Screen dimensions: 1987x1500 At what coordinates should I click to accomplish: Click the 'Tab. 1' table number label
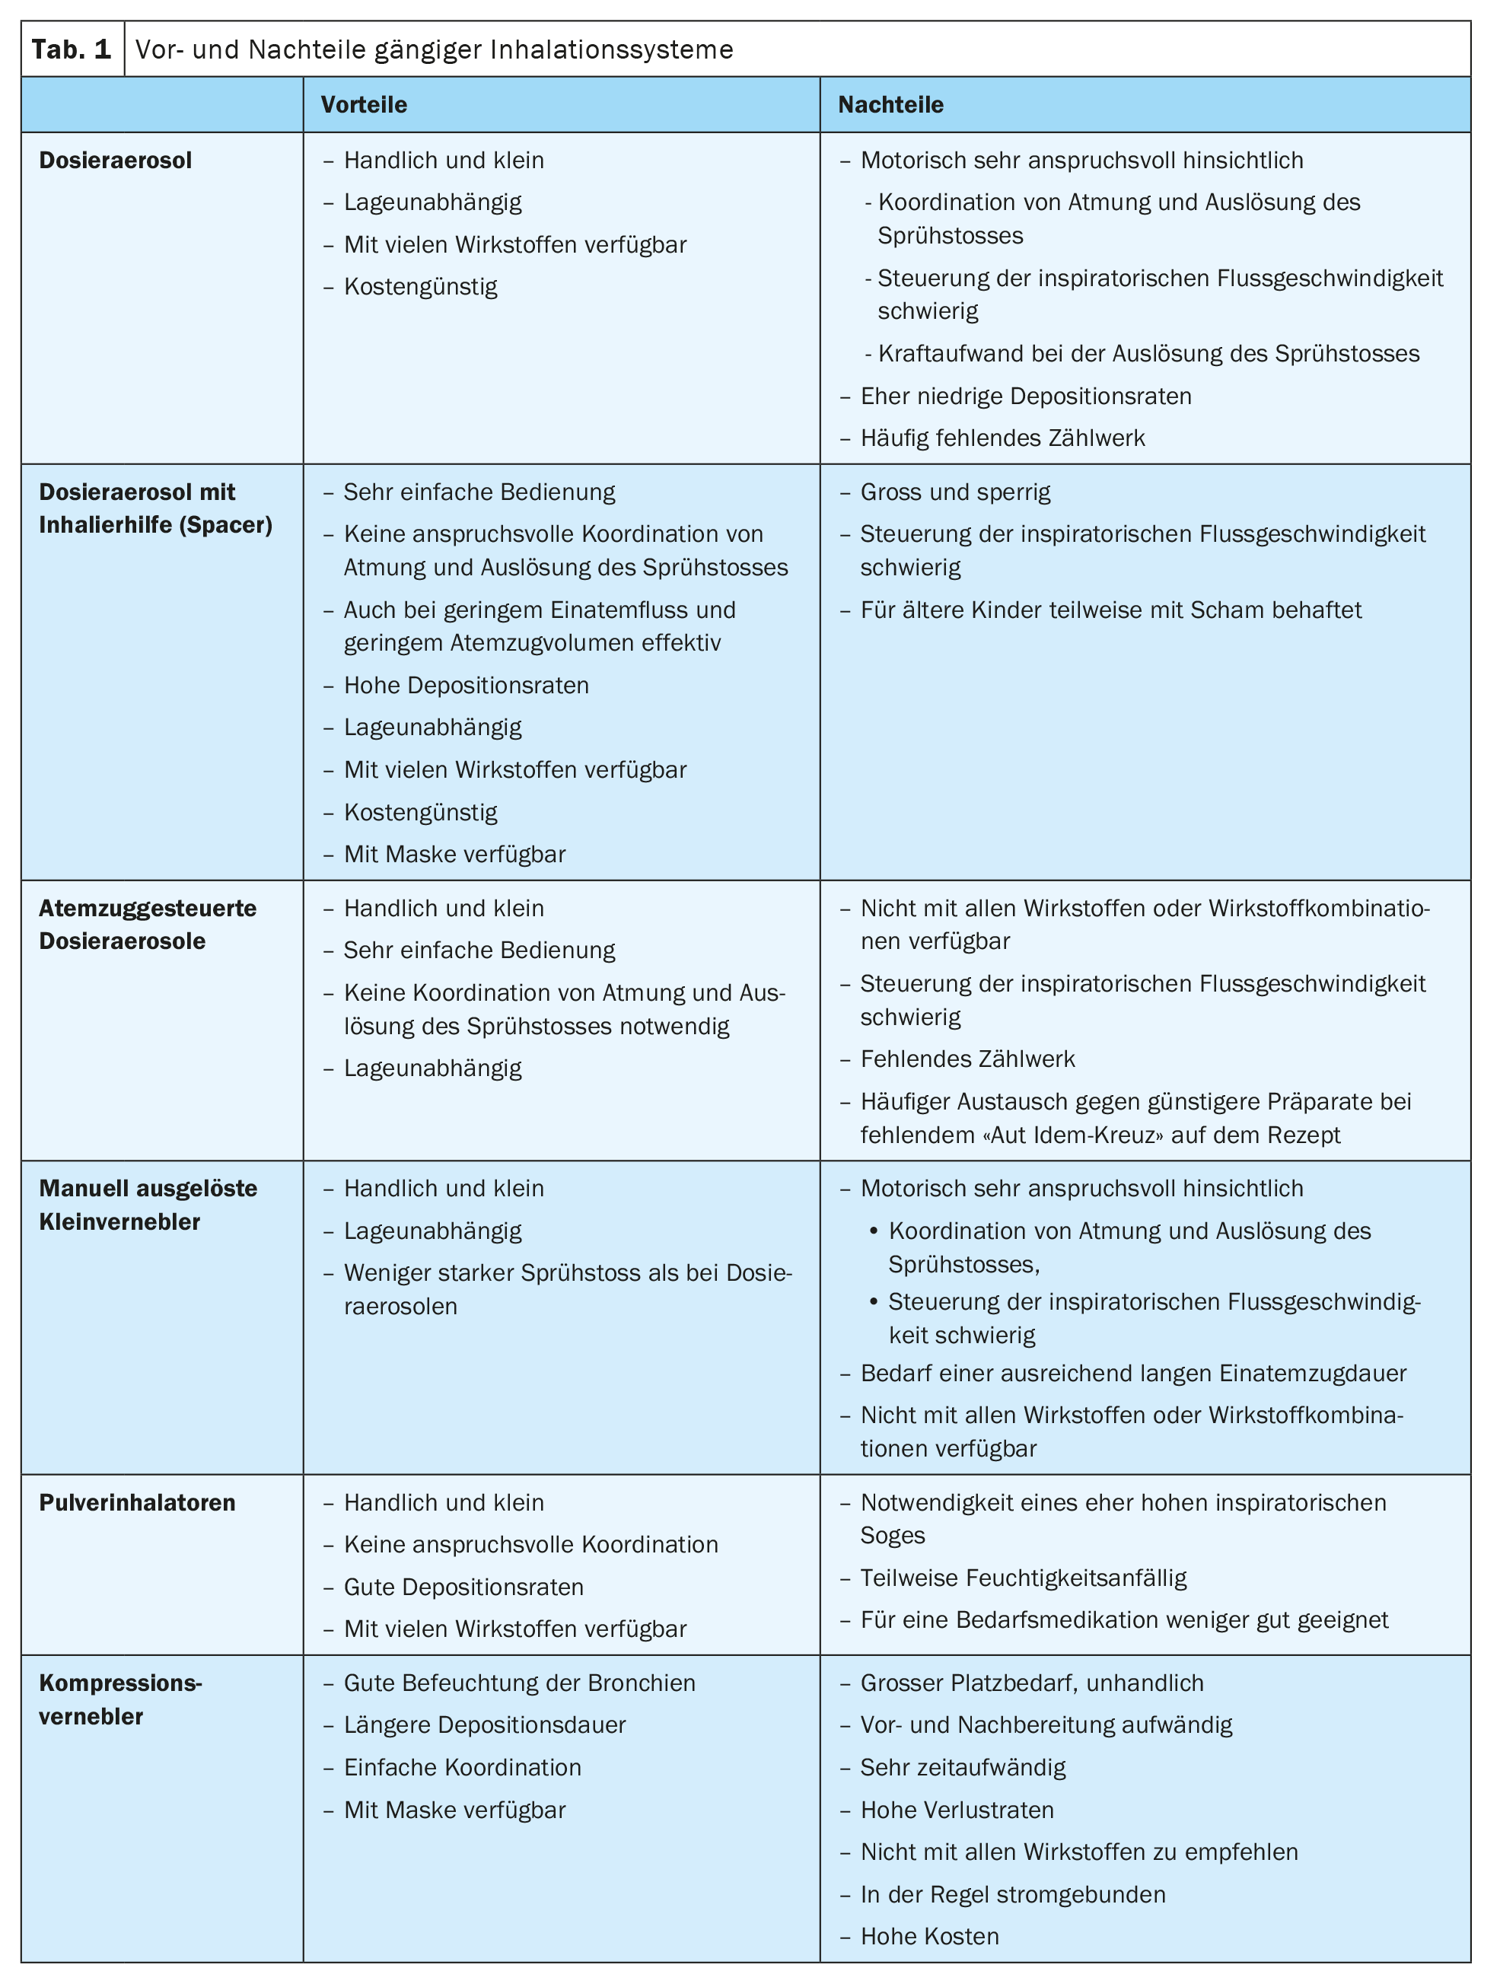72,49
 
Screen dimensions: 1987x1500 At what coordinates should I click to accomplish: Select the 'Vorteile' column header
364,105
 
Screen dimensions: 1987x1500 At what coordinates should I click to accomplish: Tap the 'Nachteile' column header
890,105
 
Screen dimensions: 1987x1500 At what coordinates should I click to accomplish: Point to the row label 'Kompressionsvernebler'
120,1699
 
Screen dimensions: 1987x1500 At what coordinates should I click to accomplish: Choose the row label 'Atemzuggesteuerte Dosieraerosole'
148,925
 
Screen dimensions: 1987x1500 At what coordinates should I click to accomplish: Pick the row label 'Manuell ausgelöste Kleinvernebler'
148,1205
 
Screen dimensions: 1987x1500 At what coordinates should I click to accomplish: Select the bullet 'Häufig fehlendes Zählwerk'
1002,438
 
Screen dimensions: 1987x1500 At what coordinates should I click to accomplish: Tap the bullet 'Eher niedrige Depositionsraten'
1026,396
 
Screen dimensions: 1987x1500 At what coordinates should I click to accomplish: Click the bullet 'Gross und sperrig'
955,492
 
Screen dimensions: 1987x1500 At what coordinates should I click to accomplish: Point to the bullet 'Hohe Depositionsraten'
467,686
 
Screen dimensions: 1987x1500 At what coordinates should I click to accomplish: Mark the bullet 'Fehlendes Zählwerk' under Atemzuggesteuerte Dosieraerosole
967,1059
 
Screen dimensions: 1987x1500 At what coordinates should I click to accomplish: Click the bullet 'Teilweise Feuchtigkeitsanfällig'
1023,1578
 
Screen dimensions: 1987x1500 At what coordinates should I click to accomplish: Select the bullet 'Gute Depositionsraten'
463,1587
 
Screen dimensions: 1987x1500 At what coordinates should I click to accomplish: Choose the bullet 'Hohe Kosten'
930,1936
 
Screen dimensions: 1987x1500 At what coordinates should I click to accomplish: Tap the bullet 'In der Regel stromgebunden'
1012,1894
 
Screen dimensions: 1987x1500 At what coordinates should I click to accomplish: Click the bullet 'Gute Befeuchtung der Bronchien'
519,1683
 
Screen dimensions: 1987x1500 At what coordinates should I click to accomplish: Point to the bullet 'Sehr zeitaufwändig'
963,1767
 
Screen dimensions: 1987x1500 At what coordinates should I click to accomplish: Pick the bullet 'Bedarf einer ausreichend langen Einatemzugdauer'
1132,1374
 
